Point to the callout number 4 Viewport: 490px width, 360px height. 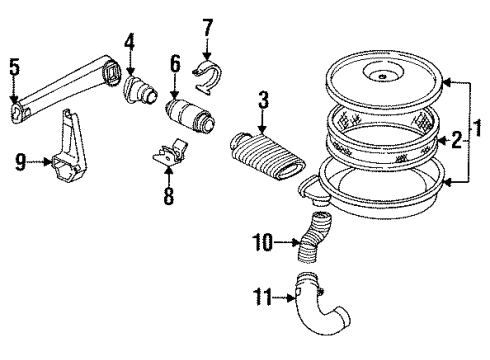click(130, 42)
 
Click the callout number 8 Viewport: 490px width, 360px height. click(168, 195)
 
